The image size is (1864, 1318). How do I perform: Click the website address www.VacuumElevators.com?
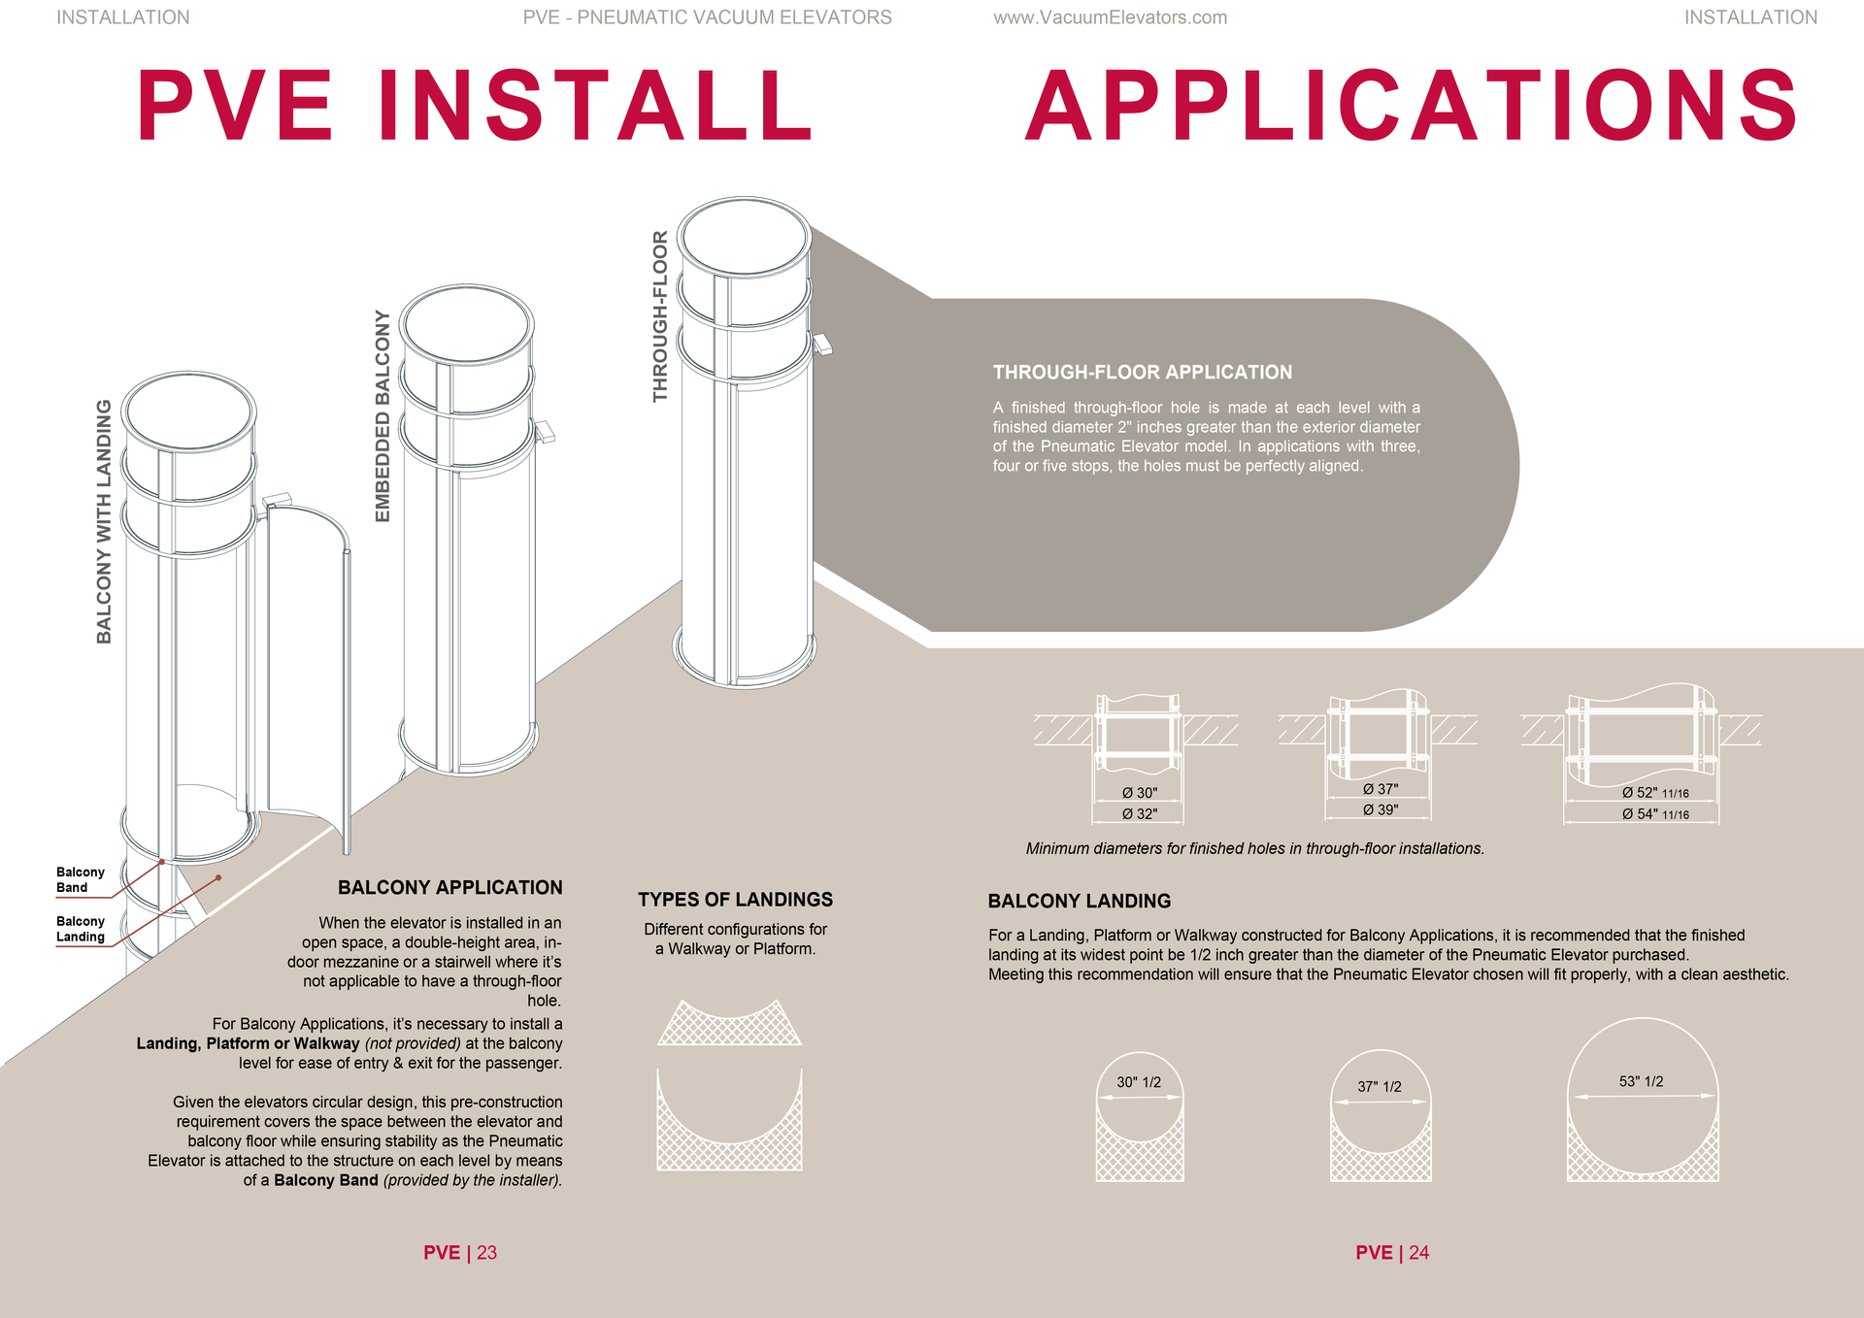[x=1110, y=17]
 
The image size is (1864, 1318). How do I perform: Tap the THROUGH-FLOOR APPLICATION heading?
[x=1142, y=372]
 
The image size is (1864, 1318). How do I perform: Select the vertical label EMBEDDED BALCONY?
[x=383, y=416]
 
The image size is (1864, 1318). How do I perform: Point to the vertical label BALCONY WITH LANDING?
[x=104, y=521]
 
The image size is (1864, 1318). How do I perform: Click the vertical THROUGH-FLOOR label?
[x=660, y=316]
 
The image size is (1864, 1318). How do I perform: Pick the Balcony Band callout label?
[x=80, y=879]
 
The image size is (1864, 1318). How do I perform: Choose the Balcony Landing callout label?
[x=80, y=929]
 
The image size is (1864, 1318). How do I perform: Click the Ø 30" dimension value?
[x=1140, y=793]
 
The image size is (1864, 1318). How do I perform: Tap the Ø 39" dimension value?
[x=1380, y=809]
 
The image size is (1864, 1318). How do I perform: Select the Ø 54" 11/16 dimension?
[x=1654, y=814]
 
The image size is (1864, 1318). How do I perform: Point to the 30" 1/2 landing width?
[x=1138, y=1082]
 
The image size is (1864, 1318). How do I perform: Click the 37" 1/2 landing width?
[x=1379, y=1087]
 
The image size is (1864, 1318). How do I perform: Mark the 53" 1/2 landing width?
[x=1641, y=1081]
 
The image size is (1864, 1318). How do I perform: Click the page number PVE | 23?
[x=459, y=1252]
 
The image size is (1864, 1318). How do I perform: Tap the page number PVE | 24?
[x=1391, y=1252]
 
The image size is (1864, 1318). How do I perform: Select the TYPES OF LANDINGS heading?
[x=735, y=900]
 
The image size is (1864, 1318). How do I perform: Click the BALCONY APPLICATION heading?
[x=449, y=887]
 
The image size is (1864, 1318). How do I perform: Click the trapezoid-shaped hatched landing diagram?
[x=729, y=1025]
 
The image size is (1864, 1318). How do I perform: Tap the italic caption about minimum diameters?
[x=1254, y=848]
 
